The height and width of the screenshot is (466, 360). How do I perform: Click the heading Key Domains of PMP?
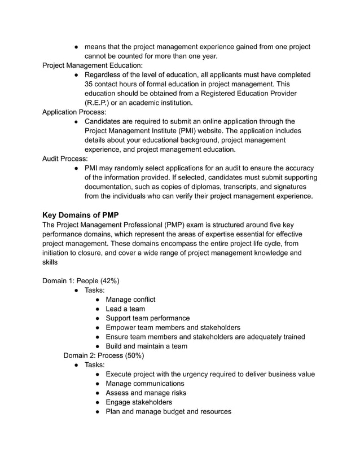pyautogui.click(x=80, y=215)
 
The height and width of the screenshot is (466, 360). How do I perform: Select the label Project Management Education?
pyautogui.click(x=93, y=65)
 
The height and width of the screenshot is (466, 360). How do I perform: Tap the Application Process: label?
pyautogui.click(x=74, y=112)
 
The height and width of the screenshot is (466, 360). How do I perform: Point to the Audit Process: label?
pyautogui.click(x=65, y=159)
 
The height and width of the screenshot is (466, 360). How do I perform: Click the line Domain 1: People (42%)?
pyautogui.click(x=81, y=281)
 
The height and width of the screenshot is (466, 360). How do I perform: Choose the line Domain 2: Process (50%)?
pyautogui.click(x=104, y=355)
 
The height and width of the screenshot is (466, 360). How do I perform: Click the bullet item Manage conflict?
pyautogui.click(x=130, y=300)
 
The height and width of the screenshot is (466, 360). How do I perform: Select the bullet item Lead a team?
pyautogui.click(x=125, y=309)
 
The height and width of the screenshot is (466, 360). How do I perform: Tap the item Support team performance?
pyautogui.click(x=148, y=318)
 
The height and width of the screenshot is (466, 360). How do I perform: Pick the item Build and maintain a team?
pyautogui.click(x=147, y=346)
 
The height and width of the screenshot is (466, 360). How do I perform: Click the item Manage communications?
pyautogui.click(x=145, y=384)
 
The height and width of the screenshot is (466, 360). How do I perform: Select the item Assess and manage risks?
pyautogui.click(x=146, y=393)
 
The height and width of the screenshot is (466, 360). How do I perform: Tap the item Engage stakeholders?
pyautogui.click(x=139, y=402)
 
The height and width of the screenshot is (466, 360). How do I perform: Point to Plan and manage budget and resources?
pyautogui.click(x=169, y=411)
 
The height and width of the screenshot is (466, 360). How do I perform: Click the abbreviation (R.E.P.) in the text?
pyautogui.click(x=99, y=103)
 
